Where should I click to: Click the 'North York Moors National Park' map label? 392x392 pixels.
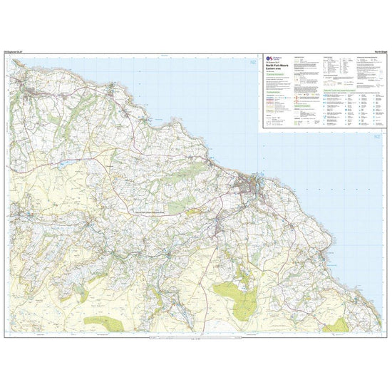pos(149,212)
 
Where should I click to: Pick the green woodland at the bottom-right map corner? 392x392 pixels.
pos(341,324)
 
